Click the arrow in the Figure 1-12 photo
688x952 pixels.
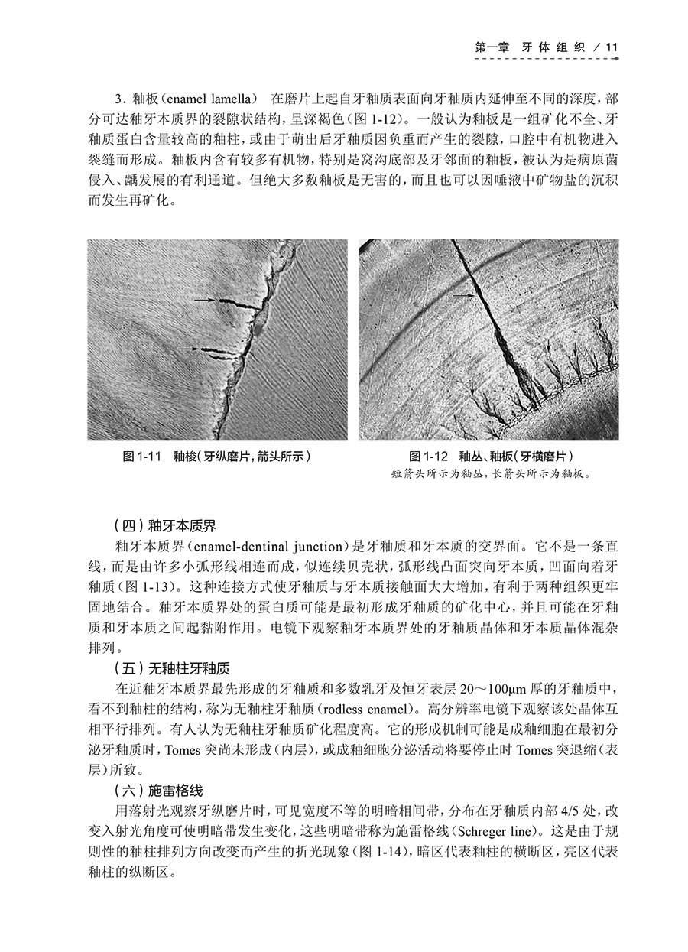[462, 294]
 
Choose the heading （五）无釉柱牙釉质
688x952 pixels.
[170, 667]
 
